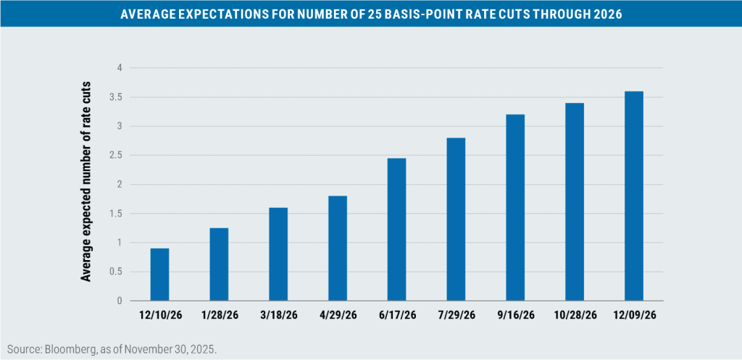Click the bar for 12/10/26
(159, 275)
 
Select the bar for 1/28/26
(219, 264)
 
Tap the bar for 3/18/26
(278, 254)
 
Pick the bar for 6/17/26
(397, 229)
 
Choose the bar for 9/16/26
(515, 207)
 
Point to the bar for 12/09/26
(633, 196)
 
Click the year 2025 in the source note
(204, 348)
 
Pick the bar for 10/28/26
(575, 201)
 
